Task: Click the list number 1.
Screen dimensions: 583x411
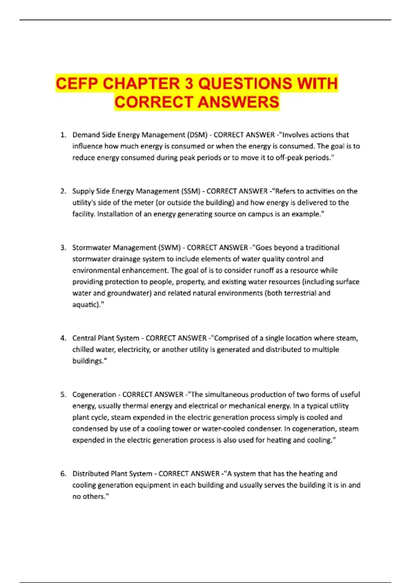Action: (63, 135)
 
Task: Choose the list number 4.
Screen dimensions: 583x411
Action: (63, 338)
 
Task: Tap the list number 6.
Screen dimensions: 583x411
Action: (63, 474)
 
